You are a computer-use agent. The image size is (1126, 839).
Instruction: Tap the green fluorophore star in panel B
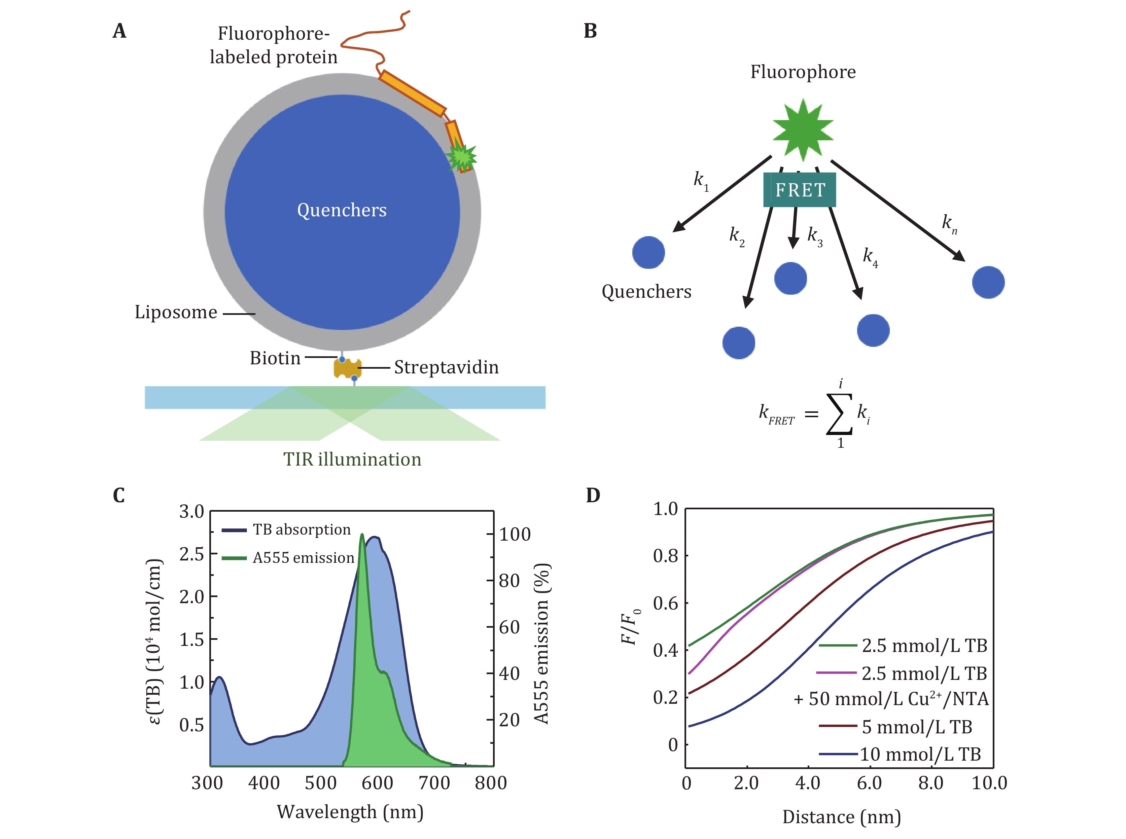[803, 130]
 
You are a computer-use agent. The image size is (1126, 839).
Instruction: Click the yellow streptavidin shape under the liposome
[347, 368]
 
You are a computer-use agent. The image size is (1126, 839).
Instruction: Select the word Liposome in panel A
[176, 312]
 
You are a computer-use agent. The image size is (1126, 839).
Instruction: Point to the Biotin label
[275, 358]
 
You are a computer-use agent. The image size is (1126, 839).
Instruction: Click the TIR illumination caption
[352, 459]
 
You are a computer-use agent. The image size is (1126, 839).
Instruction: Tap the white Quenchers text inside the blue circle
[342, 210]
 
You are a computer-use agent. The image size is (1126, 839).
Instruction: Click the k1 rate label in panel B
[701, 181]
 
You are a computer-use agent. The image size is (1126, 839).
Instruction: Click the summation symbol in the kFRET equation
[839, 414]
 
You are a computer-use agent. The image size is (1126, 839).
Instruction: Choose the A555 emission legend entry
[288, 558]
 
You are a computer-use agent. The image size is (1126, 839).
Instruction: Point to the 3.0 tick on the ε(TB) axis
[191, 511]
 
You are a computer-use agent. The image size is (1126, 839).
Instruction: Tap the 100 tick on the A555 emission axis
[515, 534]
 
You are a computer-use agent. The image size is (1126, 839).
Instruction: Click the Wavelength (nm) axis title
[350, 811]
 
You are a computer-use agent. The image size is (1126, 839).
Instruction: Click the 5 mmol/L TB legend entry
[895, 727]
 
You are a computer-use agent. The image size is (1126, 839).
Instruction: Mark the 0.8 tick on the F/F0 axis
[665, 556]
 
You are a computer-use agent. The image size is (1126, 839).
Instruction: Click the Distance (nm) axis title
[842, 817]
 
